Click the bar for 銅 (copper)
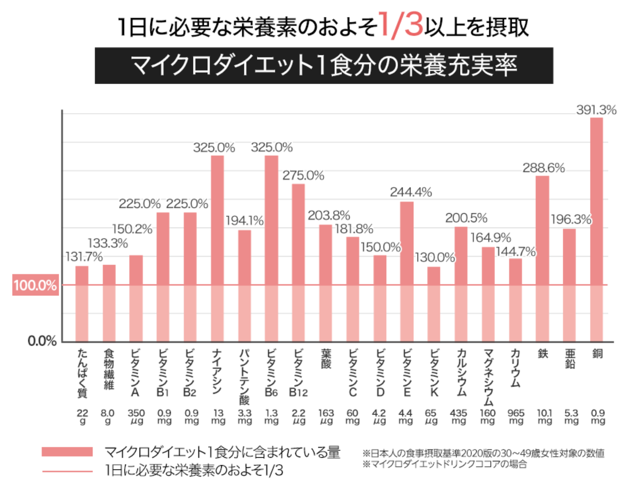(596, 229)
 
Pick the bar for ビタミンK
(434, 304)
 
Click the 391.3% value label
(596, 111)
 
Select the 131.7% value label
(82, 257)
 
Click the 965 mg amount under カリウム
(516, 416)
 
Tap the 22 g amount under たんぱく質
(82, 416)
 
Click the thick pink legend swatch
(67, 452)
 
